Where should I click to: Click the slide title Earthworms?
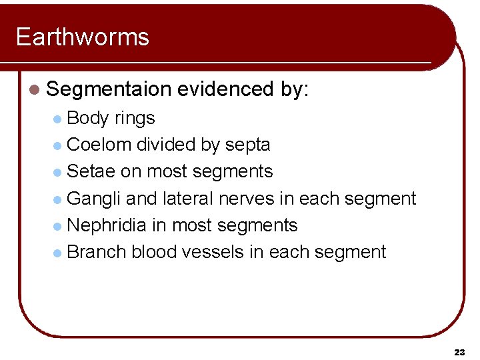click(82, 37)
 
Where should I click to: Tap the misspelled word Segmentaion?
click(109, 89)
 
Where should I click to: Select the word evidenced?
click(225, 89)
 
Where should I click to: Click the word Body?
click(88, 119)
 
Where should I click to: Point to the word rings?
click(135, 119)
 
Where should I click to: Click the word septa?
click(247, 145)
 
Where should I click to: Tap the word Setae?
click(91, 171)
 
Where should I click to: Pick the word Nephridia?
click(107, 225)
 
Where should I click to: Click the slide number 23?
click(459, 351)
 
